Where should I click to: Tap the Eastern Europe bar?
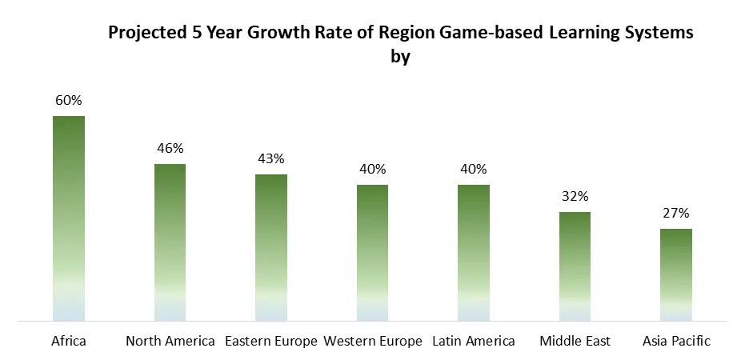(x=271, y=247)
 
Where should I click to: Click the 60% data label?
(x=69, y=101)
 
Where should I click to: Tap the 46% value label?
(x=170, y=148)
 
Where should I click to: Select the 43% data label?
(x=271, y=158)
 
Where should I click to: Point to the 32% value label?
(x=575, y=196)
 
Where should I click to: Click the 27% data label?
(x=676, y=213)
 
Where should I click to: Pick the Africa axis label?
(x=69, y=341)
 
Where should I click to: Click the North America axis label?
(x=170, y=341)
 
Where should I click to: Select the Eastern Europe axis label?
(x=271, y=341)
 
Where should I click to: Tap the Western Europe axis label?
(x=372, y=341)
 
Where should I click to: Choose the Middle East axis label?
(x=575, y=341)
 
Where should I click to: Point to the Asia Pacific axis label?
(x=676, y=341)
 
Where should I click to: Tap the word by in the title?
(x=400, y=58)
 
